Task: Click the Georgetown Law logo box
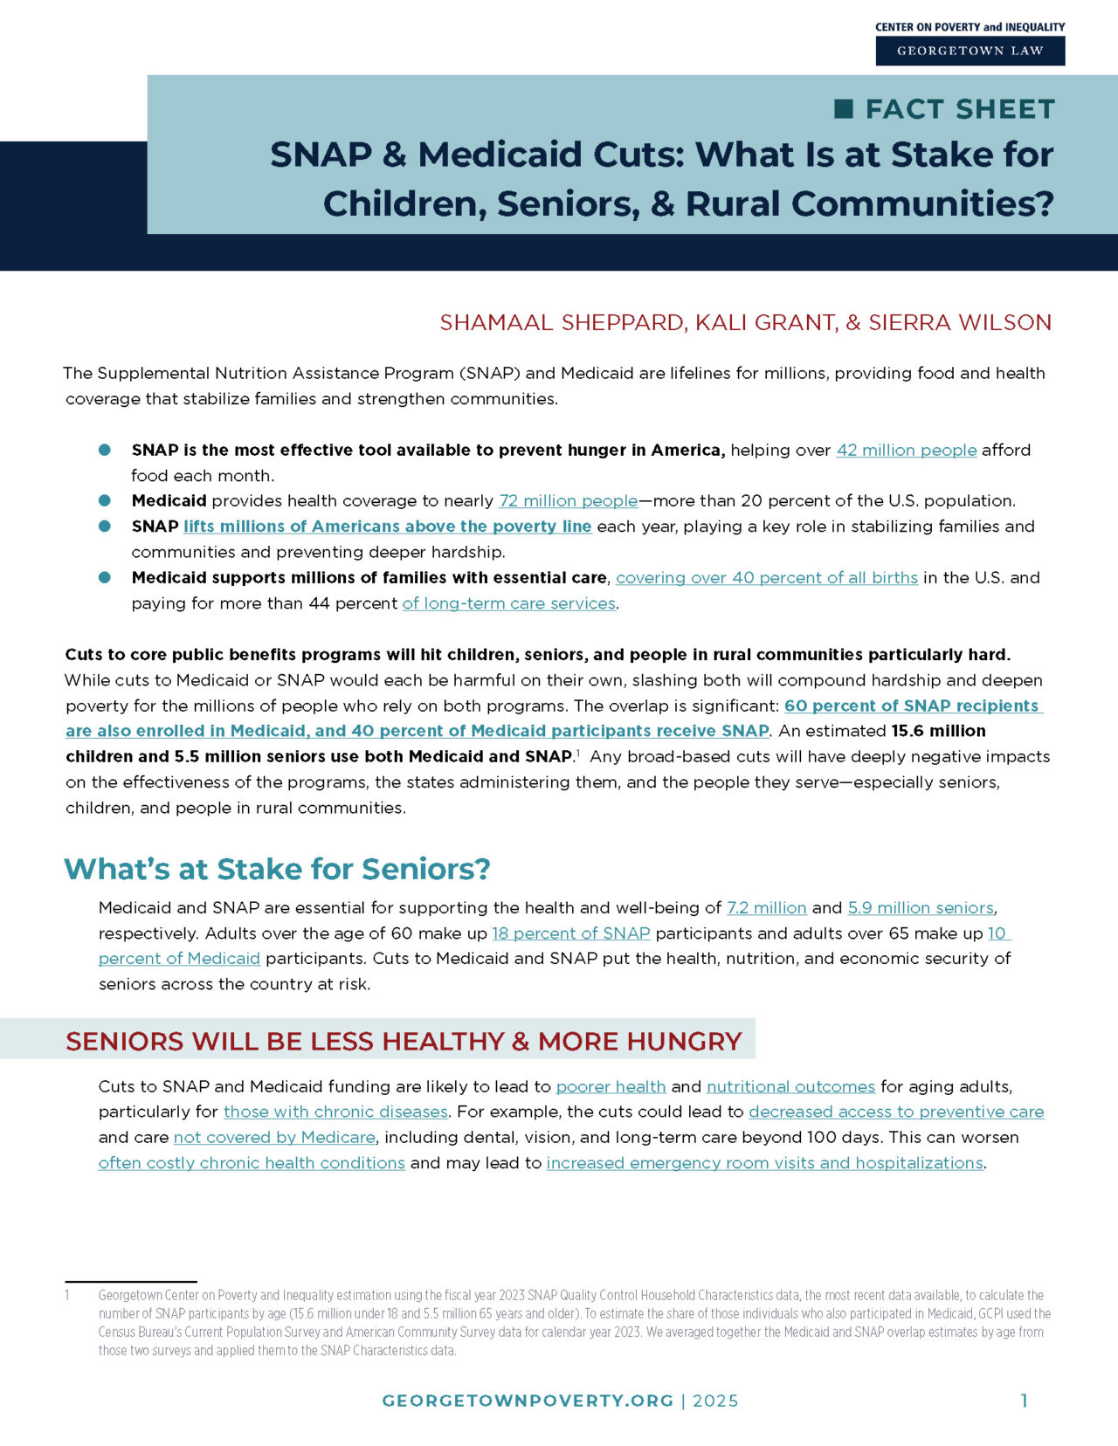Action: pyautogui.click(x=970, y=51)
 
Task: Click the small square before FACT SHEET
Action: pyautogui.click(x=844, y=108)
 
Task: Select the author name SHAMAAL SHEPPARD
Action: pyautogui.click(x=562, y=322)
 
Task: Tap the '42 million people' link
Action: pyautogui.click(x=906, y=450)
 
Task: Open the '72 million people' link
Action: pyautogui.click(x=568, y=500)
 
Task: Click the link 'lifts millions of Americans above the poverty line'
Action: pyautogui.click(x=387, y=527)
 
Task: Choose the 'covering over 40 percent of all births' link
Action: pyautogui.click(x=766, y=577)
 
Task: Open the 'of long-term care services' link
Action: pyautogui.click(x=508, y=603)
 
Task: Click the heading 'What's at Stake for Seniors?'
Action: pyautogui.click(x=277, y=869)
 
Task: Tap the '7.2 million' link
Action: pyautogui.click(x=766, y=907)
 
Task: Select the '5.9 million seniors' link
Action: pyautogui.click(x=920, y=907)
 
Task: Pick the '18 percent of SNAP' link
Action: pyautogui.click(x=570, y=933)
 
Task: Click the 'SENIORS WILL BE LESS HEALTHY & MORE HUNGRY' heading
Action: pyautogui.click(x=404, y=1041)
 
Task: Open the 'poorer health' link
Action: pyautogui.click(x=611, y=1086)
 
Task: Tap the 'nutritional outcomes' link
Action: pyautogui.click(x=790, y=1086)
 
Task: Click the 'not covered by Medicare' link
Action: pyautogui.click(x=274, y=1137)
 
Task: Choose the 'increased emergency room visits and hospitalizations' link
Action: pyautogui.click(x=764, y=1163)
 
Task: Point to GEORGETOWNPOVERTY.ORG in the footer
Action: pyautogui.click(x=528, y=1401)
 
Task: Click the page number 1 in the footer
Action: pyautogui.click(x=1024, y=1401)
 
